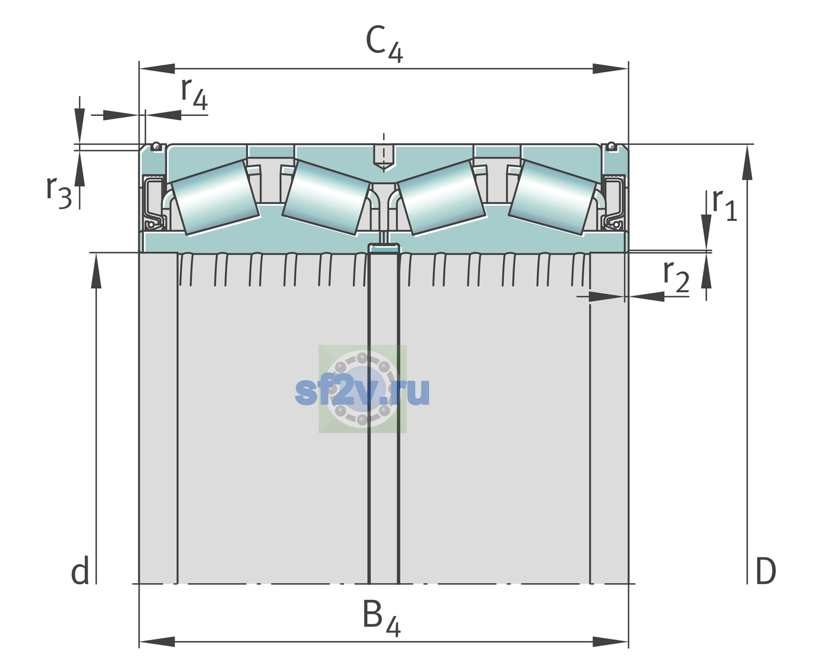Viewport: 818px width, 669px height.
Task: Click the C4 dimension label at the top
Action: tap(384, 43)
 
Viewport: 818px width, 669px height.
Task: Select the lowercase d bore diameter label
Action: tap(80, 570)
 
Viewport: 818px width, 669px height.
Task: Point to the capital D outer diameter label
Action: tap(766, 571)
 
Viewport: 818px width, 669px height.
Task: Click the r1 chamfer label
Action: tap(724, 205)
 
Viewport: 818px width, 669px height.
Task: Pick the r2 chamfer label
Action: tap(676, 276)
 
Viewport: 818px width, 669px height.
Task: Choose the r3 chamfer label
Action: tap(59, 192)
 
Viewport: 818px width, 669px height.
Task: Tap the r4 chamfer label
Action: tap(194, 94)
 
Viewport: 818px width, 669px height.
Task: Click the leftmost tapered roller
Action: tap(215, 198)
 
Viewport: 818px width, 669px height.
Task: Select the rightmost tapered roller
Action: tap(553, 198)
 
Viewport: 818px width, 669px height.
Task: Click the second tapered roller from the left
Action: tap(326, 198)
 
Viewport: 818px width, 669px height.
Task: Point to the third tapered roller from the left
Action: tap(442, 198)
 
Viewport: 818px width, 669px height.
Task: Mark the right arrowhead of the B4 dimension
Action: tap(610, 642)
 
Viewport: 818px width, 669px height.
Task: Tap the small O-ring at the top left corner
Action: tap(156, 146)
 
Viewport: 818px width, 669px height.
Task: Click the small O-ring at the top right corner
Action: tap(612, 146)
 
